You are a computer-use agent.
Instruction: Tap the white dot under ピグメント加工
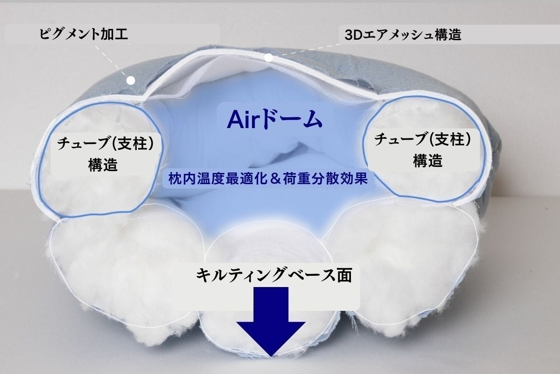(131, 80)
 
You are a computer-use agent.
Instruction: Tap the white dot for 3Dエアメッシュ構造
(268, 58)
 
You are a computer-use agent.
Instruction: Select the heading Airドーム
(275, 120)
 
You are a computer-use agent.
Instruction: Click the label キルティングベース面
(273, 274)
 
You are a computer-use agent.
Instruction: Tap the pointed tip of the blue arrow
(271, 356)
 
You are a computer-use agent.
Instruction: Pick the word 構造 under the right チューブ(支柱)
(428, 161)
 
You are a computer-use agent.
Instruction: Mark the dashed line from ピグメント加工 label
(119, 63)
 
